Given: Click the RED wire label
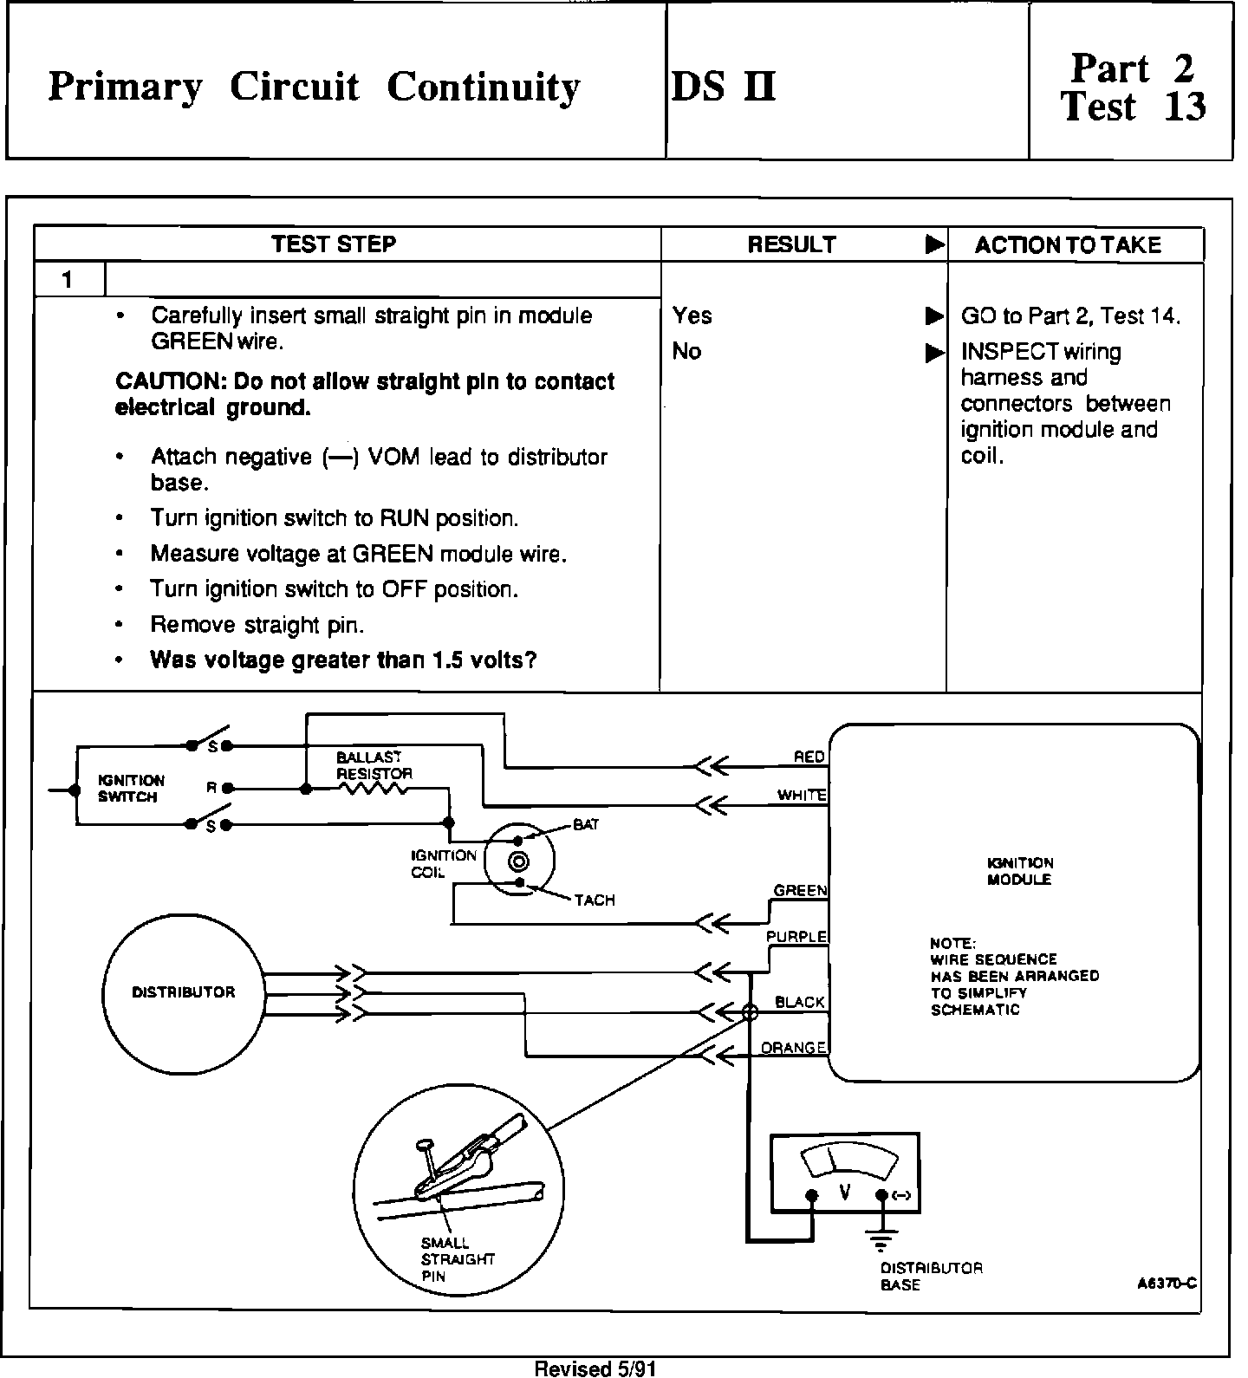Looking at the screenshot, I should (809, 757).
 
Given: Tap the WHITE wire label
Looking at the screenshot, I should (802, 795).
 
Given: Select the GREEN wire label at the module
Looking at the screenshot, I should (800, 890).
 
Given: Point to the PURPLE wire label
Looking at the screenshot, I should (796, 937).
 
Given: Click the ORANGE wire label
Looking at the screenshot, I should (793, 1048).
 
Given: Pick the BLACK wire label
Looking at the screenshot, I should (799, 1002).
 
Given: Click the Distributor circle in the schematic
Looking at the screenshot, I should (183, 992).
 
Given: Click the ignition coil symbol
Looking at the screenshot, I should (519, 861).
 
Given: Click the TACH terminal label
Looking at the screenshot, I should (595, 900).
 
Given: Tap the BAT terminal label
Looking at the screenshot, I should (586, 825).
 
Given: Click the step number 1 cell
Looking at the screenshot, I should (68, 279).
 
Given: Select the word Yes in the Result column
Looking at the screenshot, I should (692, 315).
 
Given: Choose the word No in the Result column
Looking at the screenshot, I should (686, 351).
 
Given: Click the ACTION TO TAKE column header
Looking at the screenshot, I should (1068, 244).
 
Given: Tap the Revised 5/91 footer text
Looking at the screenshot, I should (595, 1368).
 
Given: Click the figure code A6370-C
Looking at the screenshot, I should (1167, 1284).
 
